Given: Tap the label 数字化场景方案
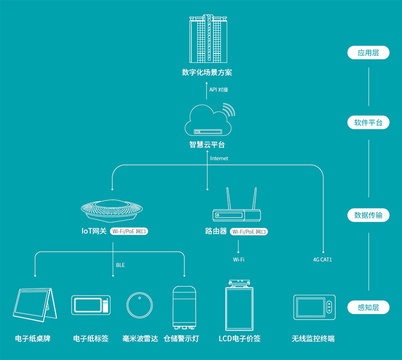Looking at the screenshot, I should pyautogui.click(x=207, y=73).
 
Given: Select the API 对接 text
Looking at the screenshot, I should pyautogui.click(x=219, y=89).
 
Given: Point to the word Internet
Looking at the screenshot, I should pyautogui.click(x=219, y=159).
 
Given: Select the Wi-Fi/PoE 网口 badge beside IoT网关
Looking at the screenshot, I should pyautogui.click(x=130, y=231).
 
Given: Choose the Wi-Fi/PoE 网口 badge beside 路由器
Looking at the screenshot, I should pyautogui.click(x=250, y=231).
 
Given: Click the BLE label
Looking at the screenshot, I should pyautogui.click(x=121, y=265).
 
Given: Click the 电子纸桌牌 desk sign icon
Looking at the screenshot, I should pyautogui.click(x=36, y=306).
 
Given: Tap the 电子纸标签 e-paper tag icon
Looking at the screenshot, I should pyautogui.click(x=91, y=305).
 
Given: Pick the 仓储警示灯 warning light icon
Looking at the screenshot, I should pyautogui.click(x=184, y=308).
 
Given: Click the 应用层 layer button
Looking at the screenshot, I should pyautogui.click(x=368, y=53).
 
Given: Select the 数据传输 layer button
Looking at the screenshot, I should pyautogui.click(x=368, y=215).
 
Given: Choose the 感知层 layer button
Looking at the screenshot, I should pyautogui.click(x=368, y=308).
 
